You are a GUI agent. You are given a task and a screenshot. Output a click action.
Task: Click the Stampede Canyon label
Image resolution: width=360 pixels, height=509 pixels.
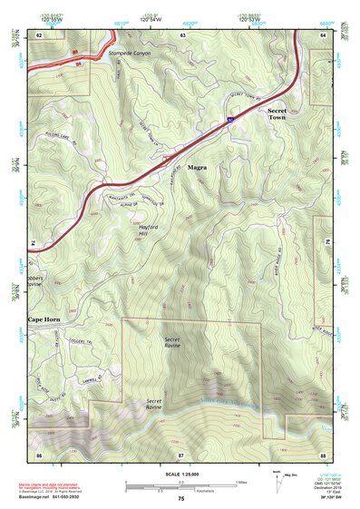pyautogui.click(x=132, y=54)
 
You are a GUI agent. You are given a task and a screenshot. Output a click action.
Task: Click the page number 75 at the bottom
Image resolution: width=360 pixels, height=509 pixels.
pyautogui.click(x=181, y=499)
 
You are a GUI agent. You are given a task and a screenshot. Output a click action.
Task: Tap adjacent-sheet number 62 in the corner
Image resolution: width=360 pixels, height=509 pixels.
pyautogui.click(x=39, y=34)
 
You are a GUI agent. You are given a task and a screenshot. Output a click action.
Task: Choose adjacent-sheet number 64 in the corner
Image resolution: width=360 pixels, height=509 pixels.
pyautogui.click(x=323, y=34)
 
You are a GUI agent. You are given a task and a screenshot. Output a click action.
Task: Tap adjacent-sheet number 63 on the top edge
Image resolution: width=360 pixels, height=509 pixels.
pyautogui.click(x=182, y=34)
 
